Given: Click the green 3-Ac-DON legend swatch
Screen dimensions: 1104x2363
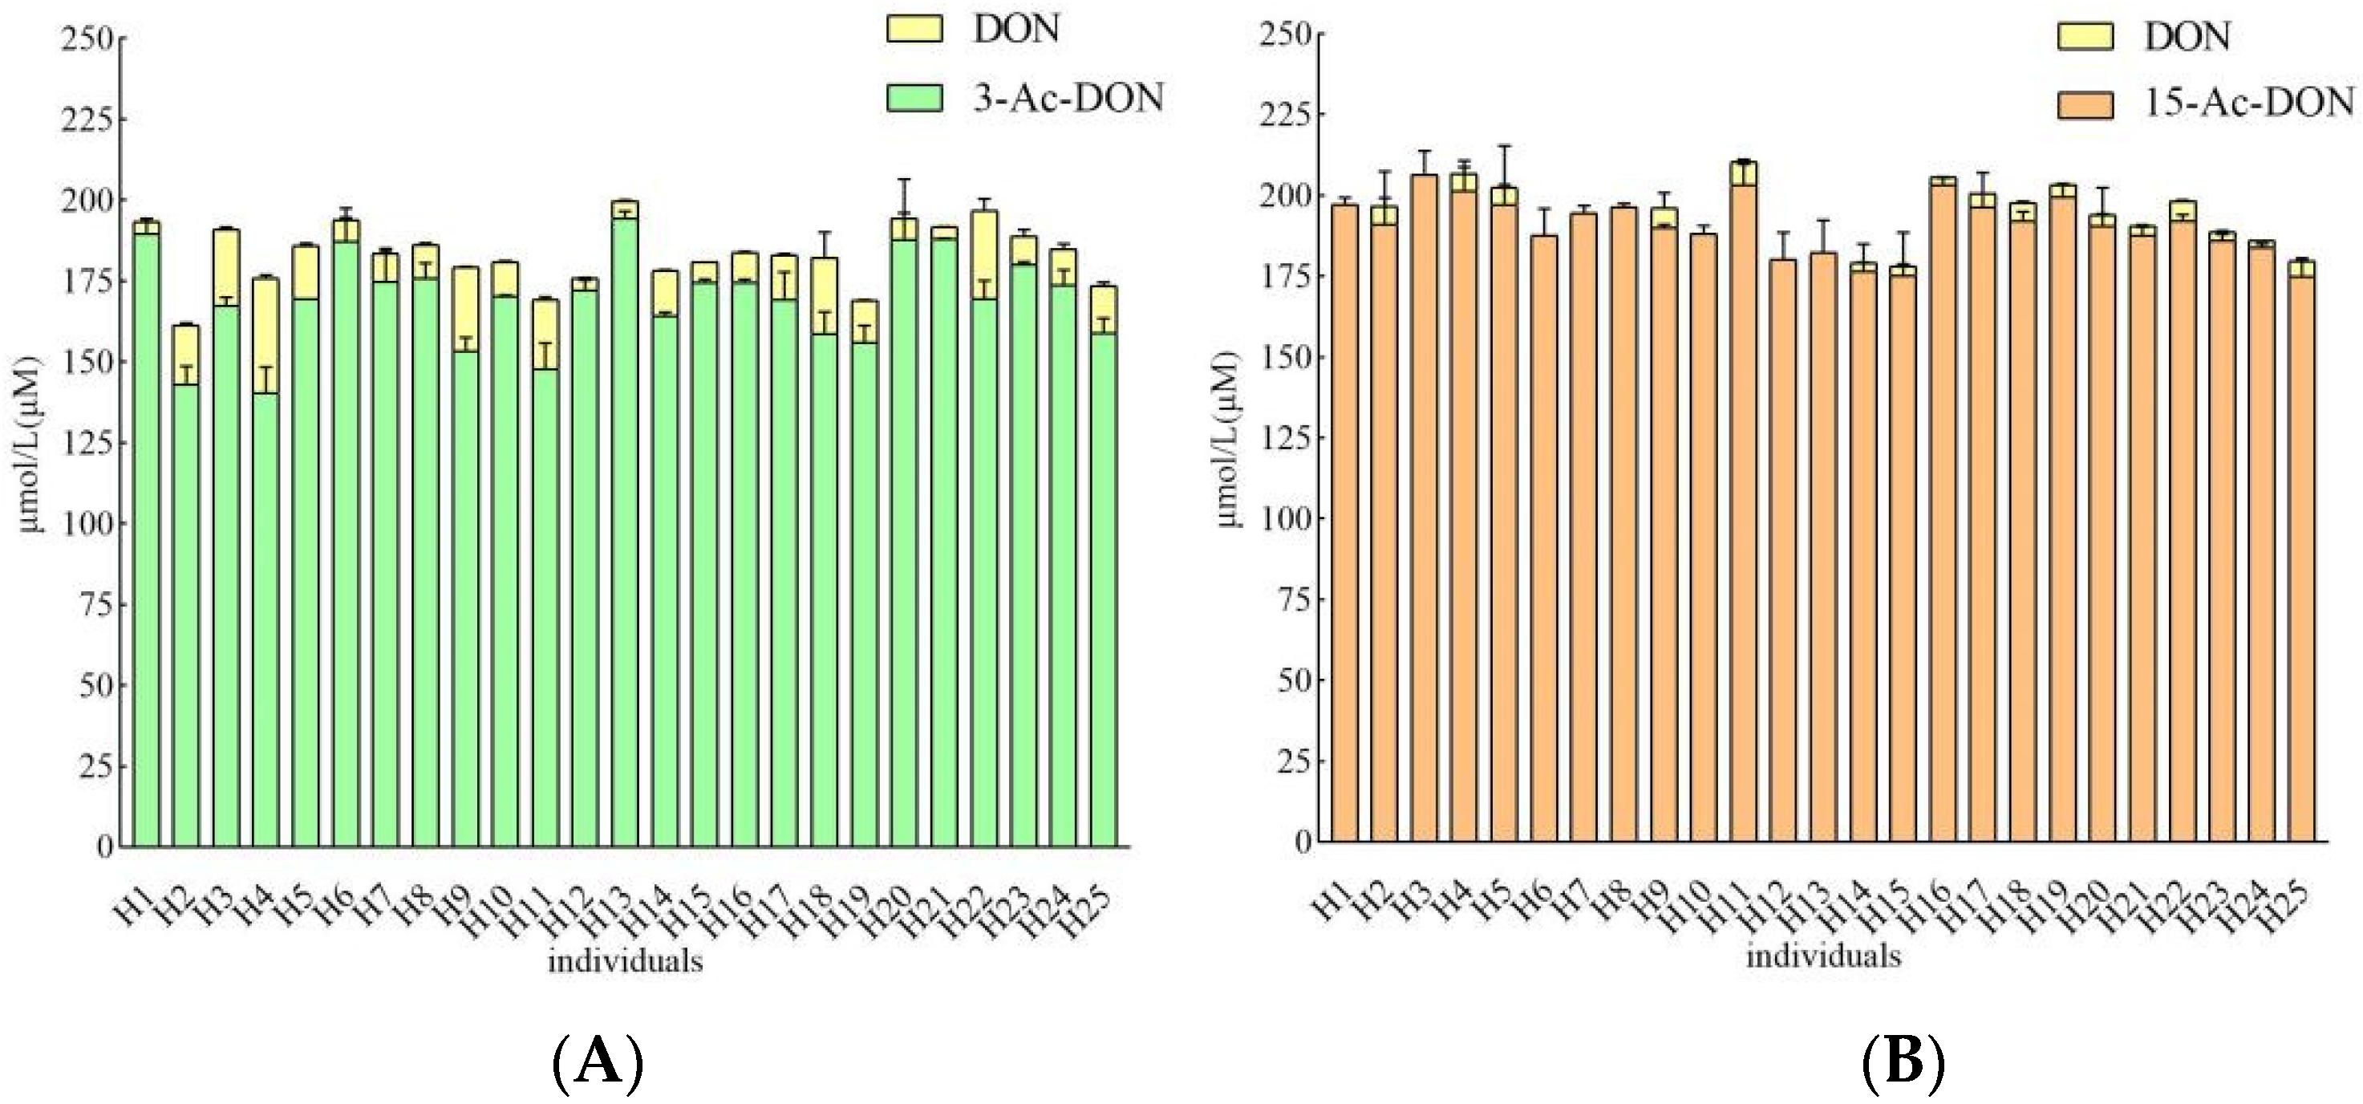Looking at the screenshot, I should pyautogui.click(x=914, y=98).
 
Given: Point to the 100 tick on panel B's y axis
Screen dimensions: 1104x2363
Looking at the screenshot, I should pyautogui.click(x=1283, y=518).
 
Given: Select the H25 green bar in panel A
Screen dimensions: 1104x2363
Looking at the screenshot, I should pyautogui.click(x=1104, y=587).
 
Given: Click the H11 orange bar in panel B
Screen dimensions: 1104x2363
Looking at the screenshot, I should pyautogui.click(x=1743, y=514).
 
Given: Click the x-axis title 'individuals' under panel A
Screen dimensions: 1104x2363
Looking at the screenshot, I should pyautogui.click(x=625, y=961).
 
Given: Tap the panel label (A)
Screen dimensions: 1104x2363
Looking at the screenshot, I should pyautogui.click(x=598, y=1065).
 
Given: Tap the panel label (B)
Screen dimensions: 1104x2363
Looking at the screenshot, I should pyautogui.click(x=1903, y=1065).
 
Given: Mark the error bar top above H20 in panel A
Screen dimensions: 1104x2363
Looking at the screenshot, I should pyautogui.click(x=905, y=180).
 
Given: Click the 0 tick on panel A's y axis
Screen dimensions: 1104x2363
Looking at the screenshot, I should pyautogui.click(x=103, y=847).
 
